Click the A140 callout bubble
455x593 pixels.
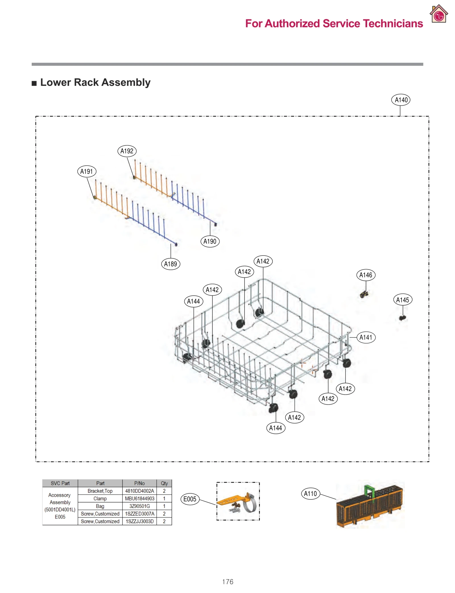point(400,100)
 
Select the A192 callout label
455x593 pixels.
point(127,151)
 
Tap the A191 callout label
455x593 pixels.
point(87,171)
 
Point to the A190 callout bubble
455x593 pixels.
point(210,241)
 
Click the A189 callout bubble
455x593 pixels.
point(170,264)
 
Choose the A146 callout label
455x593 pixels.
point(366,275)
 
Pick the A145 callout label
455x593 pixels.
point(402,300)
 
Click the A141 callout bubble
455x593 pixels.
point(366,337)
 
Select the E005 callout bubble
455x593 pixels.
point(190,499)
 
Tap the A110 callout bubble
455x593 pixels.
point(310,493)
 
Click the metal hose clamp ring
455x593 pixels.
point(250,504)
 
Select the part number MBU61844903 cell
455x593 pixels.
point(139,499)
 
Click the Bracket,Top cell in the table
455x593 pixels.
point(100,491)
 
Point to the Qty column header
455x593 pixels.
point(164,483)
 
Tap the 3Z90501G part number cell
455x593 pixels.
point(139,506)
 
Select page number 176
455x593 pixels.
point(227,582)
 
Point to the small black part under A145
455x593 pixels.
point(402,318)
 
